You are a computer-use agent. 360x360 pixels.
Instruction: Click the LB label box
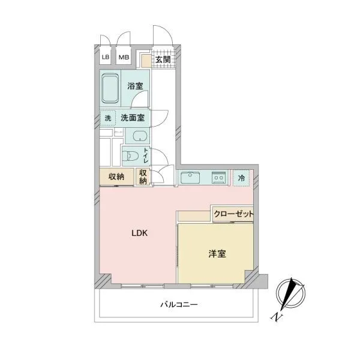coord(106,57)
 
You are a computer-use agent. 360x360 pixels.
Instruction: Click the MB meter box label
coord(124,57)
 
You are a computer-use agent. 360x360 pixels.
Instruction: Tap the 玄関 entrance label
coord(163,59)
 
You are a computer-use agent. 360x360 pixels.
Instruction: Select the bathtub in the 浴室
coord(110,88)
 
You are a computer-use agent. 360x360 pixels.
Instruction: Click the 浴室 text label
coord(135,86)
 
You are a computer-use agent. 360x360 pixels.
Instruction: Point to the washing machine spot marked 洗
coord(107,118)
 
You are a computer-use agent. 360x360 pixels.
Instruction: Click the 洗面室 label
coord(133,118)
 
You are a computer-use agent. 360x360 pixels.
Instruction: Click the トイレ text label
coord(146,155)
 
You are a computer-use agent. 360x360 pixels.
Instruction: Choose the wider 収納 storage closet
coord(116,176)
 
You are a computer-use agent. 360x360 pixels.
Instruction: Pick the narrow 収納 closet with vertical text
coord(143,176)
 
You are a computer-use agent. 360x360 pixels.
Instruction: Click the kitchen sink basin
coord(190,177)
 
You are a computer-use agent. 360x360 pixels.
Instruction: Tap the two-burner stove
coord(218,178)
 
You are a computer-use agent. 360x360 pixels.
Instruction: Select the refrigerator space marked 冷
coord(241,178)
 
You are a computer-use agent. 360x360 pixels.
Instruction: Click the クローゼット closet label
coord(234,214)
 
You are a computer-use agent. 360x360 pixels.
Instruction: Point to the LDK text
coord(140,233)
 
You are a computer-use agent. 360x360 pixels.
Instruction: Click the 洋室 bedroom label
coord(217,254)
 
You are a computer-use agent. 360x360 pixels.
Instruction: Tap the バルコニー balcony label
coord(179,305)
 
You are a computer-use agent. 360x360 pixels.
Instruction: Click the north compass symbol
coord(290,294)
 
